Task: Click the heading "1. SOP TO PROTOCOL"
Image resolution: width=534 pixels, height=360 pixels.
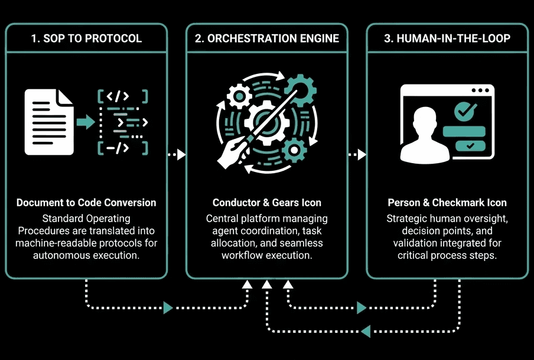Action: point(86,38)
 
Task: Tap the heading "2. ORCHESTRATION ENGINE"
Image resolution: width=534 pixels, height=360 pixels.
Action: point(267,38)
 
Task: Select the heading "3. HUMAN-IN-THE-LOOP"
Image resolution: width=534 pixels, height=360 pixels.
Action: point(447,38)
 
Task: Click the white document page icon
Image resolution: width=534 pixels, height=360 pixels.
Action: point(50,122)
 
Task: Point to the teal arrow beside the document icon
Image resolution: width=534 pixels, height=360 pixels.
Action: point(86,122)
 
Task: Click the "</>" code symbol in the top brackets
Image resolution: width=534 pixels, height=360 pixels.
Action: point(122,96)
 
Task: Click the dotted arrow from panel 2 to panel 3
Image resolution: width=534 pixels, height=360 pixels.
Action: point(357,155)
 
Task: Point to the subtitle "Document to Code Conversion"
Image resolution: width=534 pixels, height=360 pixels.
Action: point(86,203)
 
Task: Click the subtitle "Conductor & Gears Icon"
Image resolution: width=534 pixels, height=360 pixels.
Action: point(267,203)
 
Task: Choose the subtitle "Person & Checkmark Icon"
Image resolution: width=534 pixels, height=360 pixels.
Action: point(447,203)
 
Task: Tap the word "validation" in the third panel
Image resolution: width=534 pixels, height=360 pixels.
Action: point(415,243)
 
